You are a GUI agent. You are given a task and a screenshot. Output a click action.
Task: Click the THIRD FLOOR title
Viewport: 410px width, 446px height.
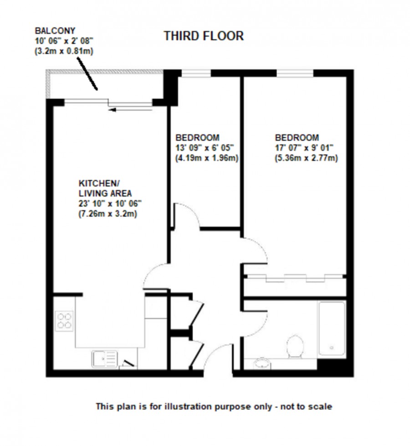pyautogui.click(x=204, y=36)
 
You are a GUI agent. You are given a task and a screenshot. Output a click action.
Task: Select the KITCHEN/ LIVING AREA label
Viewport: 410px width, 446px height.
pyautogui.click(x=99, y=188)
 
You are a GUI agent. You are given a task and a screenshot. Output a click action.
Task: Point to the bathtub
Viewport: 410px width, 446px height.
pyautogui.click(x=332, y=328)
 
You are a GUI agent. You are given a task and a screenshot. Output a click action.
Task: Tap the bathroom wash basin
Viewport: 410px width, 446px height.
pyautogui.click(x=261, y=363)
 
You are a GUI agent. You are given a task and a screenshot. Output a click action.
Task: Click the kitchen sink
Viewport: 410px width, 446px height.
pyautogui.click(x=105, y=359)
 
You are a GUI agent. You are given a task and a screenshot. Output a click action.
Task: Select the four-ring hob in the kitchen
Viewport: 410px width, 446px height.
pyautogui.click(x=64, y=319)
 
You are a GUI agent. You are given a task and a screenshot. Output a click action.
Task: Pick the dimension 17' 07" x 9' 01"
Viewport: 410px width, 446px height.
pyautogui.click(x=304, y=148)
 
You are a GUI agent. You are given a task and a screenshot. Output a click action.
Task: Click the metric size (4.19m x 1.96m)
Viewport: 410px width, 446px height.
pyautogui.click(x=207, y=158)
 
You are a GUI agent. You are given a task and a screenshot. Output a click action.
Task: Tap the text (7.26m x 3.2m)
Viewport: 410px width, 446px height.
pyautogui.click(x=108, y=213)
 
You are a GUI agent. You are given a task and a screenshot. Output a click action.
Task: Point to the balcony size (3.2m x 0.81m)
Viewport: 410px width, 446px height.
pyautogui.click(x=64, y=52)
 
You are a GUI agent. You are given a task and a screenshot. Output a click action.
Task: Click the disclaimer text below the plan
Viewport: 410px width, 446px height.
pyautogui.click(x=214, y=406)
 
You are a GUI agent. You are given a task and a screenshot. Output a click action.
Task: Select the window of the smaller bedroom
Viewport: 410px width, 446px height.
pyautogui.click(x=196, y=73)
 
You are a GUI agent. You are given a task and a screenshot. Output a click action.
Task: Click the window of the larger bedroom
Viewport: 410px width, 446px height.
pyautogui.click(x=295, y=73)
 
